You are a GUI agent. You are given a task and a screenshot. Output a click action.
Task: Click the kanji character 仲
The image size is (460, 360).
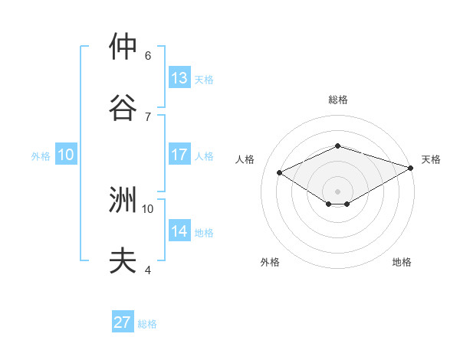click(x=123, y=47)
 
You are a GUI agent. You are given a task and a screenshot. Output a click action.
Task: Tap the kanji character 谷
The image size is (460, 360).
click(x=123, y=106)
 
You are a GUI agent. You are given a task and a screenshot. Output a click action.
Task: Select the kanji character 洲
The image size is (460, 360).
click(x=123, y=201)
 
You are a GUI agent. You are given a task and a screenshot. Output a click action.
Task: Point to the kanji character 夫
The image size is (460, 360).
click(x=123, y=260)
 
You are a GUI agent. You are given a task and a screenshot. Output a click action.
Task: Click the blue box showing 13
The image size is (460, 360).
click(x=179, y=77)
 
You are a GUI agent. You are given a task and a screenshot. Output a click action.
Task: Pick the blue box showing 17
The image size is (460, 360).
click(x=179, y=155)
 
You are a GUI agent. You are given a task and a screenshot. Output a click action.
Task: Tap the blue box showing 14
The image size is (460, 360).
click(x=179, y=231)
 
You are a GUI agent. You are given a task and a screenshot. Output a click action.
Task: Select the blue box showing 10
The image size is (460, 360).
click(x=66, y=155)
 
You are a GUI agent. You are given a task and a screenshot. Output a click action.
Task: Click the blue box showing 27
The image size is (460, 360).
click(x=123, y=322)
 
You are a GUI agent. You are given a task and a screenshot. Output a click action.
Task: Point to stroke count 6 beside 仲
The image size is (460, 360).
click(x=148, y=56)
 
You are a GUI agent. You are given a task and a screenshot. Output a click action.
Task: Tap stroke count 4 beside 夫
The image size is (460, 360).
click(x=148, y=270)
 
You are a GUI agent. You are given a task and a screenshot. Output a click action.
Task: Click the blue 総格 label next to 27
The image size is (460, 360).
click(x=148, y=324)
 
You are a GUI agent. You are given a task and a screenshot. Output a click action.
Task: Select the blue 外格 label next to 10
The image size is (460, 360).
click(x=41, y=156)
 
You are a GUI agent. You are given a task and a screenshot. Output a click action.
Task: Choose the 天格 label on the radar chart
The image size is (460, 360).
click(x=431, y=159)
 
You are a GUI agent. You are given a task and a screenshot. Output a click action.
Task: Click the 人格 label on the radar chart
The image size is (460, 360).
click(x=245, y=159)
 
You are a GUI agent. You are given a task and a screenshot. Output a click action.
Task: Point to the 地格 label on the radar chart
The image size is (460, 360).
click(x=402, y=262)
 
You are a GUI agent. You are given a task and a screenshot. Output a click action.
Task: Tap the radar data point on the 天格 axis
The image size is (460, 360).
click(x=412, y=168)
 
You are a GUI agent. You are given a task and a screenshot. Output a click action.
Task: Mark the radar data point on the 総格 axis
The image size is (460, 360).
click(x=338, y=146)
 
